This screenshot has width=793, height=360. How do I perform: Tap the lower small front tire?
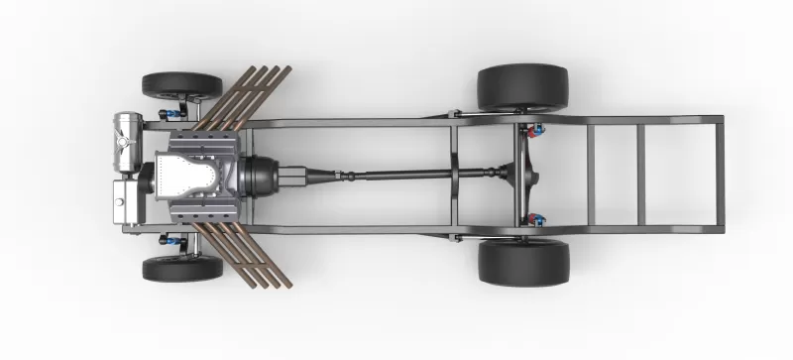pyautogui.click(x=182, y=268)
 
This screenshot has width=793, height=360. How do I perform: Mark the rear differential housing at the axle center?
pyautogui.click(x=522, y=177)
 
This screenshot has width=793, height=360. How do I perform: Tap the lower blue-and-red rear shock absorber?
pyautogui.click(x=536, y=219)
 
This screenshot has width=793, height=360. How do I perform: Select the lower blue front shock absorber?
pyautogui.click(x=174, y=240)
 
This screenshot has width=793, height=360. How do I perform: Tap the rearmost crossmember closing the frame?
pyautogui.click(x=719, y=177)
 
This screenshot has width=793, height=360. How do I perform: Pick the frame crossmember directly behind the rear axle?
pyautogui.click(x=591, y=177)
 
